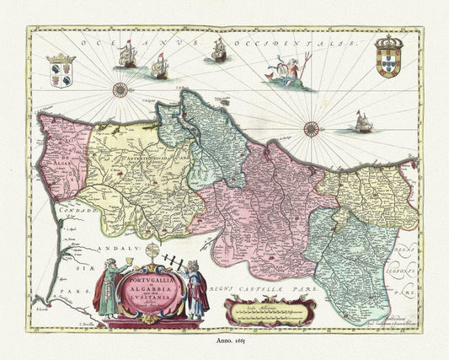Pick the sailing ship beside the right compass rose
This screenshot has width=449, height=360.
coord(364,123)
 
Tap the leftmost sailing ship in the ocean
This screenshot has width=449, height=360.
coord(127,56)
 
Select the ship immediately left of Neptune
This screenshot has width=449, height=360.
coord(218,51)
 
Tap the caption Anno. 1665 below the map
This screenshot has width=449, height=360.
coord(224,343)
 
